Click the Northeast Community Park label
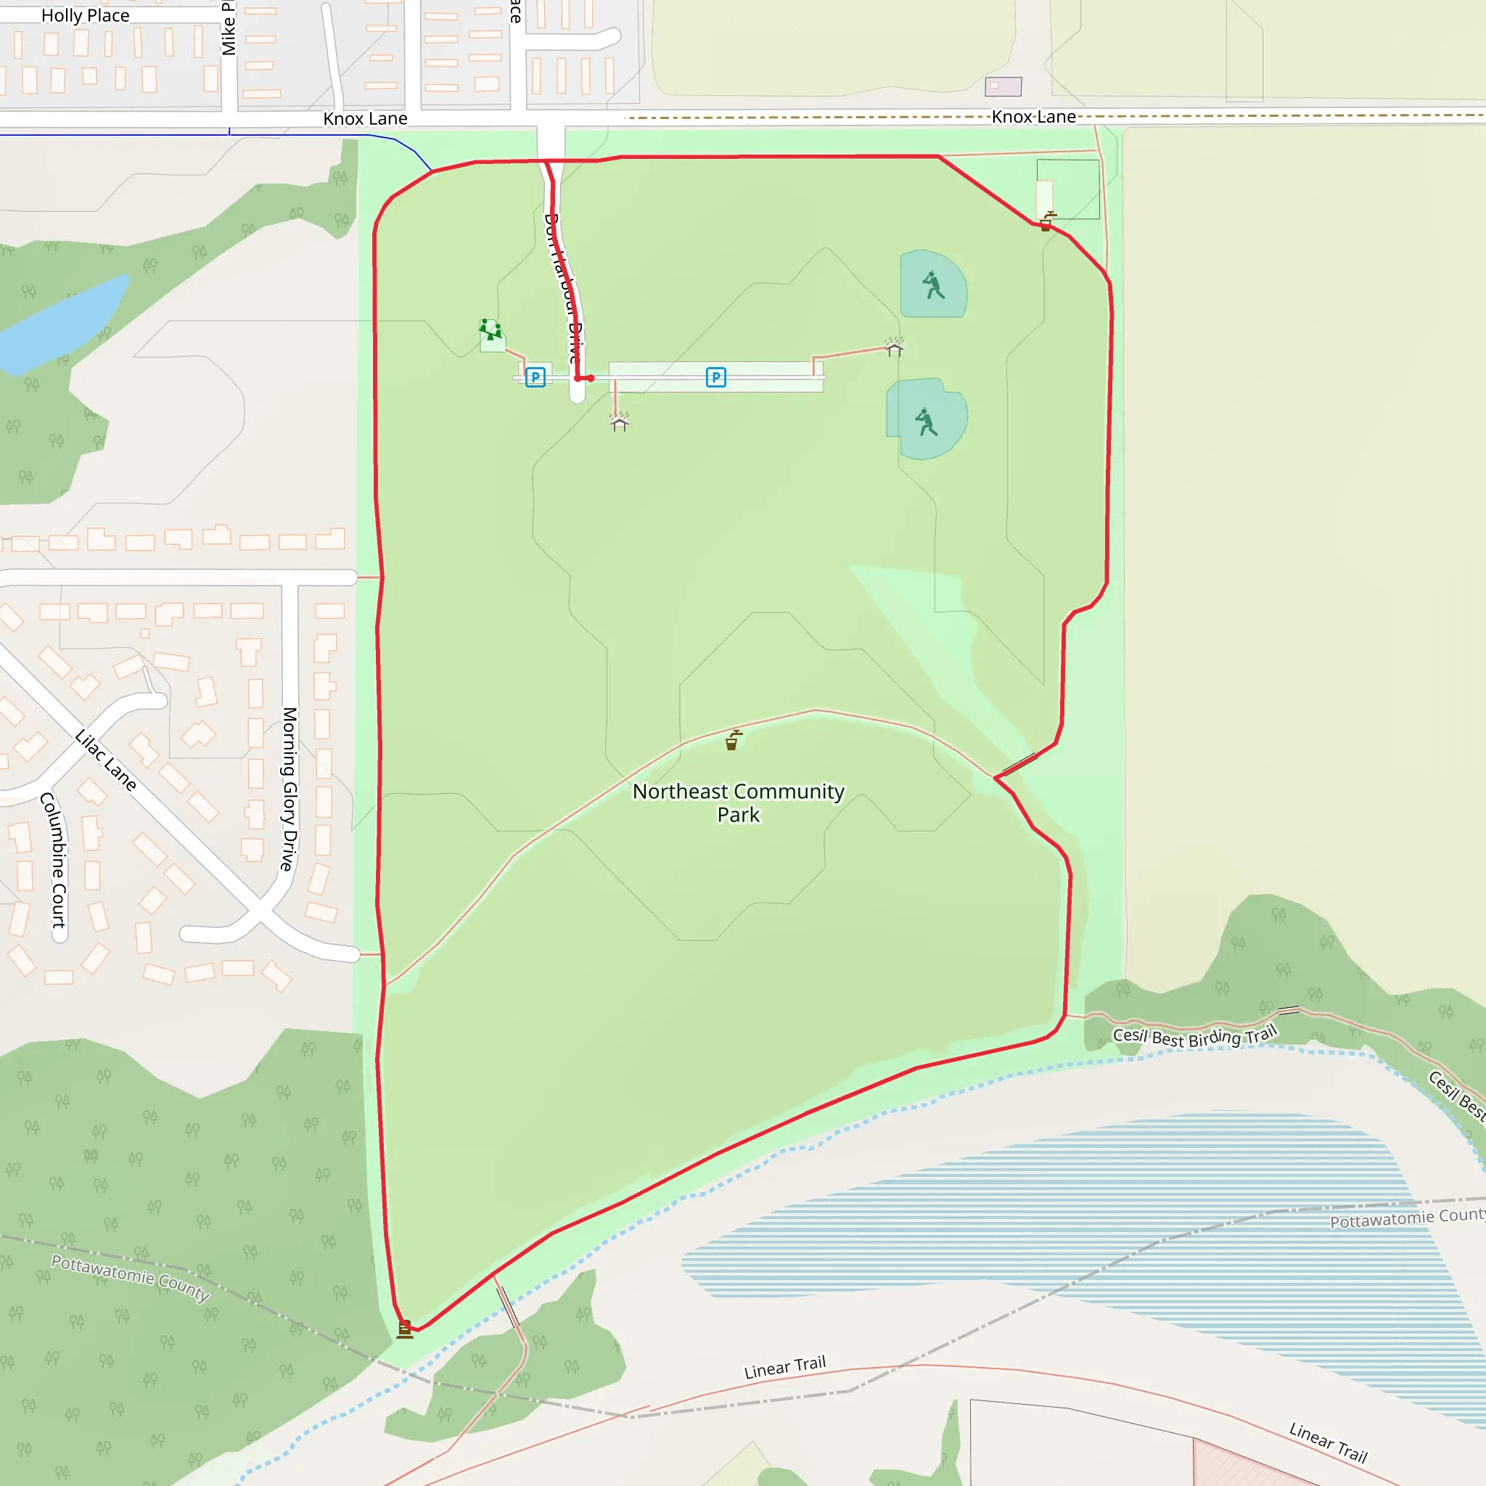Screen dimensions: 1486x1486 [x=738, y=802]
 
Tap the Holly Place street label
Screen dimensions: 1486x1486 [x=86, y=15]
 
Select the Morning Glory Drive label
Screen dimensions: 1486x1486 [x=289, y=789]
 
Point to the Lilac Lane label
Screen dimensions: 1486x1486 [x=105, y=760]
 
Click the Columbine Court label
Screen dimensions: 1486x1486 [x=54, y=860]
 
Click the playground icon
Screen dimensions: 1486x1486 [x=490, y=331]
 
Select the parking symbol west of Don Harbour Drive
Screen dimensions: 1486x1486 [x=535, y=377]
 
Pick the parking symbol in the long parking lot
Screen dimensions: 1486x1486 [x=715, y=377]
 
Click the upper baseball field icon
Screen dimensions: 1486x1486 [x=933, y=284]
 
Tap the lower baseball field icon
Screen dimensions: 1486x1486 [x=926, y=422]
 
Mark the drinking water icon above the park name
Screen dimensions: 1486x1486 [x=733, y=740]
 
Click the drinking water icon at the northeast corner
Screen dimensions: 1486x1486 [x=1047, y=221]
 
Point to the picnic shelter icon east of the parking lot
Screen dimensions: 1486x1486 [x=894, y=348]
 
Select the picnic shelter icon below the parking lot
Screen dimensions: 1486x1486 [x=619, y=422]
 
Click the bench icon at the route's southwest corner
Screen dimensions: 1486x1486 [x=405, y=1329]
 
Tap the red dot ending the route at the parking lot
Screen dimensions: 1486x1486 [x=590, y=379]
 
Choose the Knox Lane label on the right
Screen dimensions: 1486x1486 [x=1033, y=117]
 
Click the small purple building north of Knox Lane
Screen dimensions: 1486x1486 [x=1003, y=86]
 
